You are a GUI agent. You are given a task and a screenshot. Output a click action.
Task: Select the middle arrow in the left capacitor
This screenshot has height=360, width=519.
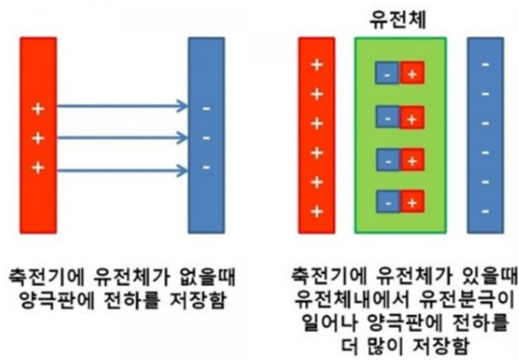123,137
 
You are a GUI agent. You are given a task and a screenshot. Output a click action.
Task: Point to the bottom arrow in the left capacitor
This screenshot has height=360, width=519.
123,169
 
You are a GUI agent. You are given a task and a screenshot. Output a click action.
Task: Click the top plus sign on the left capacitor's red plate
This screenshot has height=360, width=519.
38,109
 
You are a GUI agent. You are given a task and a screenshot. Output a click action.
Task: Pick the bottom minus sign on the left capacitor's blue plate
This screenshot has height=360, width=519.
206,167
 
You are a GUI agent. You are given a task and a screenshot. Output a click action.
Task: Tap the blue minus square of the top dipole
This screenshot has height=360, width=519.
387,74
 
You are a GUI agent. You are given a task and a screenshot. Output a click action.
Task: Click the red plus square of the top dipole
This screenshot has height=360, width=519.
412,74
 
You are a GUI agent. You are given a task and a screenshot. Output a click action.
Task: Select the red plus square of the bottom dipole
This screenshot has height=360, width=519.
412,203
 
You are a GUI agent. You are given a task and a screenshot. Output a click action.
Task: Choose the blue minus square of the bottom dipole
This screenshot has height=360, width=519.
387,203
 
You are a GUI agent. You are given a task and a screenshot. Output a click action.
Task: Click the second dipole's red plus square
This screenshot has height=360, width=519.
412,117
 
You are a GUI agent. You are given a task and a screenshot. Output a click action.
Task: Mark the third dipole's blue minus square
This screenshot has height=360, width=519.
387,161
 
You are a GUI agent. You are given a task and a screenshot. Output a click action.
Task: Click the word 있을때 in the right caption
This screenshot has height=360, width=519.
488,275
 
